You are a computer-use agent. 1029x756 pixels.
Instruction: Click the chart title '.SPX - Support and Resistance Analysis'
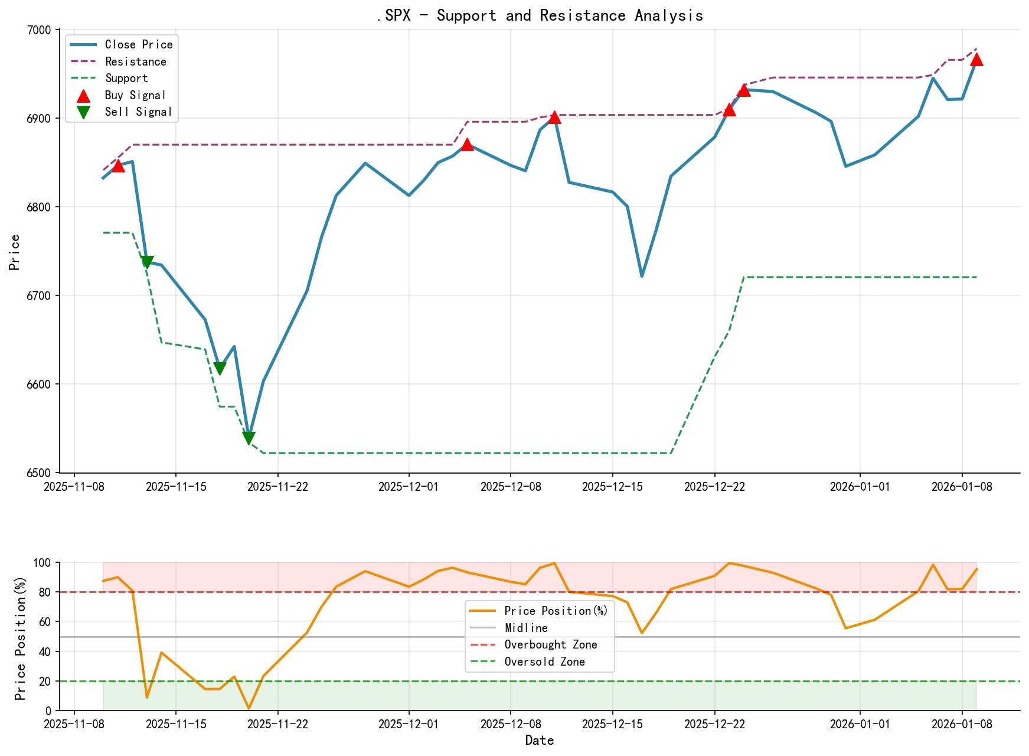540,15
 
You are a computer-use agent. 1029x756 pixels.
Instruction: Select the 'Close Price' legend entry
138,44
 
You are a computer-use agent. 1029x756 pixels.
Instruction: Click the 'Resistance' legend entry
135,61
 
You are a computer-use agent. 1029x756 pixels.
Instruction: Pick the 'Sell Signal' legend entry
138,112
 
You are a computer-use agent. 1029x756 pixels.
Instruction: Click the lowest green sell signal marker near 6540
249,438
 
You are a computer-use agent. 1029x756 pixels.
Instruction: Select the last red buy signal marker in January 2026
976,60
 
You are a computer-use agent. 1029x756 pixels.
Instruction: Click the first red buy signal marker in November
118,166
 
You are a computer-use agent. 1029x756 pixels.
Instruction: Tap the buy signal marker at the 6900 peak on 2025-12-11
554,118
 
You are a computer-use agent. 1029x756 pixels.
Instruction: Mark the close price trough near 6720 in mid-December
642,276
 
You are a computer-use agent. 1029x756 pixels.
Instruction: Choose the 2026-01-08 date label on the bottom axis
962,724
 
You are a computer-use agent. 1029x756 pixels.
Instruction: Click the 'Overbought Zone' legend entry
550,645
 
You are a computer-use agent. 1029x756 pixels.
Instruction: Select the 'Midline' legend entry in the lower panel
526,628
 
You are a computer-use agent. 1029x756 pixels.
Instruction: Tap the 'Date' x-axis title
540,741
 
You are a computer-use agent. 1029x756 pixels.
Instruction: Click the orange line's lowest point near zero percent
249,708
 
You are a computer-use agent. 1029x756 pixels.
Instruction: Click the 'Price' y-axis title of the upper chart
15,252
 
